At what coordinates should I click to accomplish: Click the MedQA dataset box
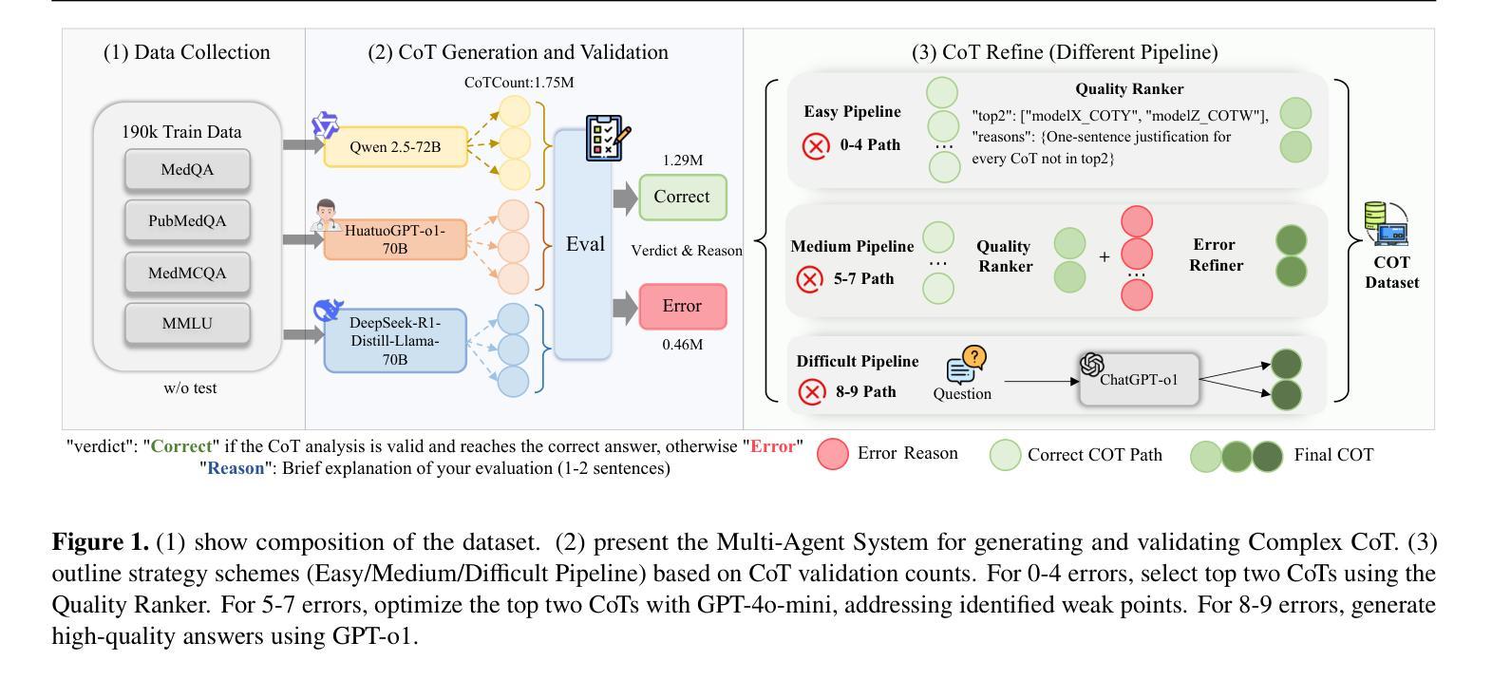[187, 170]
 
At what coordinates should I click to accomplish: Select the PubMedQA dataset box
[187, 221]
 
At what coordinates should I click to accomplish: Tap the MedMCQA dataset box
[187, 274]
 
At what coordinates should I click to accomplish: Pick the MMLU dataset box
[187, 324]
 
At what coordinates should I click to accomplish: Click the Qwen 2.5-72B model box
[395, 147]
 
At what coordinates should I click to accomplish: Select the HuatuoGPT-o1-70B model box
[395, 239]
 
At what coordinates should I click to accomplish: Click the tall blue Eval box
[583, 245]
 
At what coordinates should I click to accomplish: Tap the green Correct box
[682, 198]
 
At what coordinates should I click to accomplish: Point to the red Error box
[682, 306]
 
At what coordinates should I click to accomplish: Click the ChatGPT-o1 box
[1139, 379]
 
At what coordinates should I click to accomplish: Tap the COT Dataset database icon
[1386, 224]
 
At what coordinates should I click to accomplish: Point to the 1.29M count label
[683, 161]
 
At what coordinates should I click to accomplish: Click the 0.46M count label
[683, 345]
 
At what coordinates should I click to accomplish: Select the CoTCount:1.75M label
[519, 83]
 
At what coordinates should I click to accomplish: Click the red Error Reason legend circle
[833, 454]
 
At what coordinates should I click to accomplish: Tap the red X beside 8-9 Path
[812, 392]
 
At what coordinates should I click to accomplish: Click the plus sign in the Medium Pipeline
[1105, 256]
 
